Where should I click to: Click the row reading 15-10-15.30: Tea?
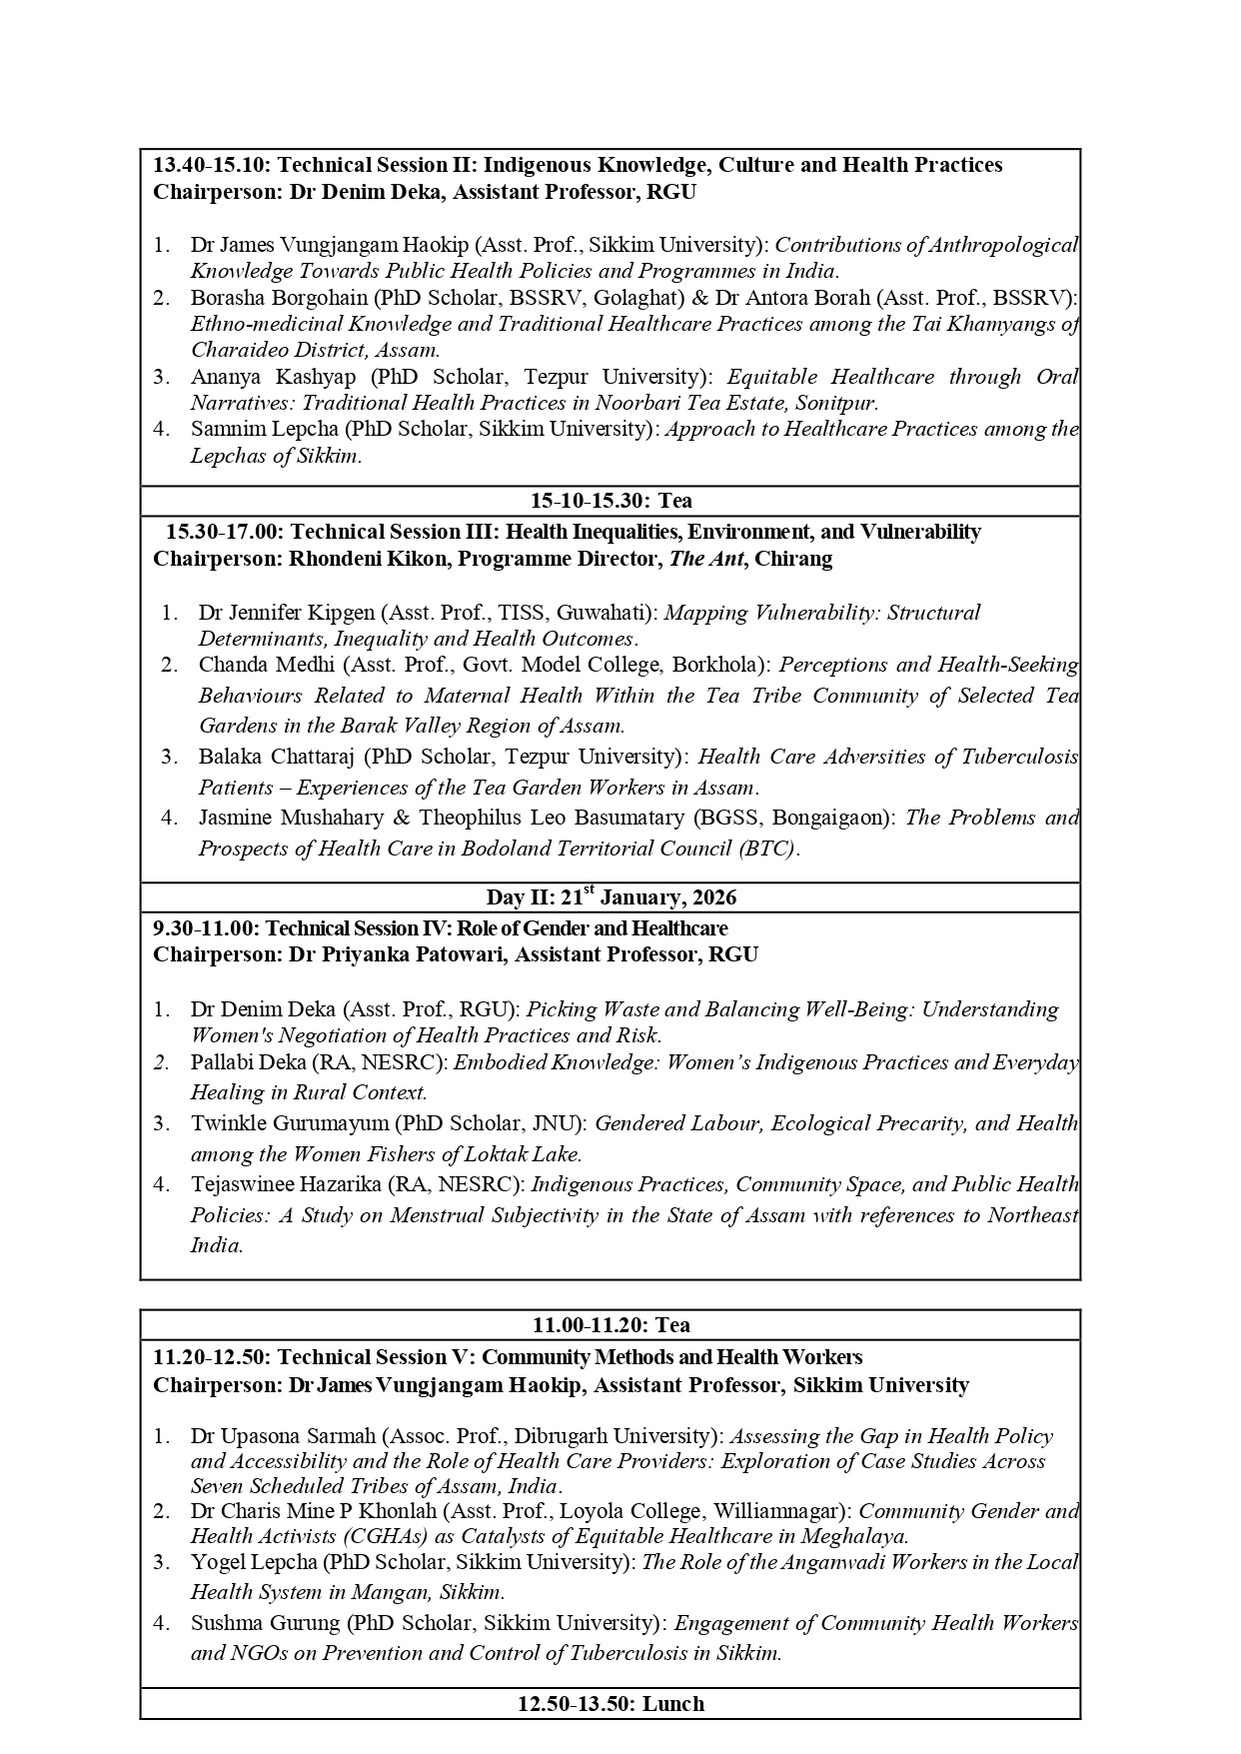point(611,501)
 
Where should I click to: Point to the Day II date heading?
point(611,896)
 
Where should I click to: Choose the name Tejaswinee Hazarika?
point(286,1184)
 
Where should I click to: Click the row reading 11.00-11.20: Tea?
point(611,1325)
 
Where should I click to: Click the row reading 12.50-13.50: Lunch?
point(611,1704)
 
